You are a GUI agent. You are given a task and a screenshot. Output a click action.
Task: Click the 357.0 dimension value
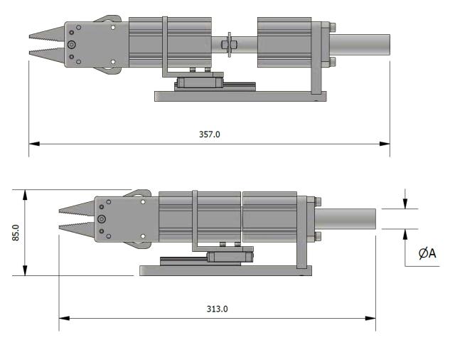[210, 134]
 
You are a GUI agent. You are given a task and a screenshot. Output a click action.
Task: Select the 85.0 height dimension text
[15, 233]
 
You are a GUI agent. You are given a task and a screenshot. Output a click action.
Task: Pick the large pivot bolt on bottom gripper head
[102, 219]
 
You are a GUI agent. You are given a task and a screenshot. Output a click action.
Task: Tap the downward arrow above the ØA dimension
[405, 204]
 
